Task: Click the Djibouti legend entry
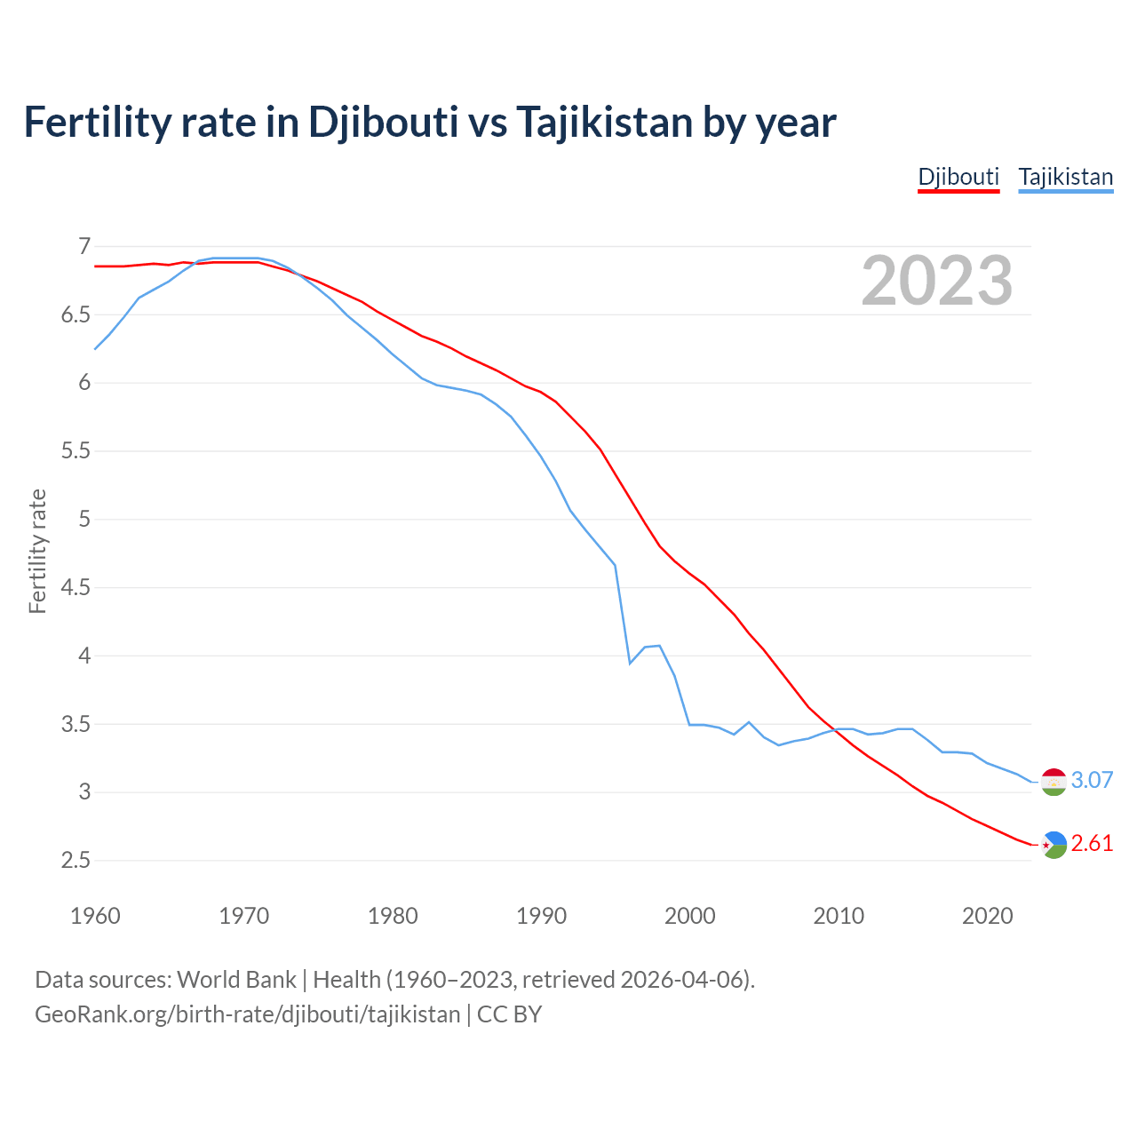[958, 177]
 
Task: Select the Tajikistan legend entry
[1065, 177]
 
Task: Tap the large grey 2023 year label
[937, 281]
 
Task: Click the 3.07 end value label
[1092, 780]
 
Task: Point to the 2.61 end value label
[1092, 843]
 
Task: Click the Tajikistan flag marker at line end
[1054, 782]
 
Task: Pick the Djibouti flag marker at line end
[1054, 845]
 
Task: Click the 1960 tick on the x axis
[95, 916]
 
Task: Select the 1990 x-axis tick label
[541, 916]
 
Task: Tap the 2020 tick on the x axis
[987, 916]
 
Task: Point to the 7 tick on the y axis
[84, 246]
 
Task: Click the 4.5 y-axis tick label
[76, 587]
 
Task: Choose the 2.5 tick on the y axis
[76, 860]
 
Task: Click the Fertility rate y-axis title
[37, 551]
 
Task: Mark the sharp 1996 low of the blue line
[630, 663]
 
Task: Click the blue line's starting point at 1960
[95, 349]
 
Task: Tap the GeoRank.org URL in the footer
[247, 1014]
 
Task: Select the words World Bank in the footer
[236, 979]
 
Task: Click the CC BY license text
[509, 1014]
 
